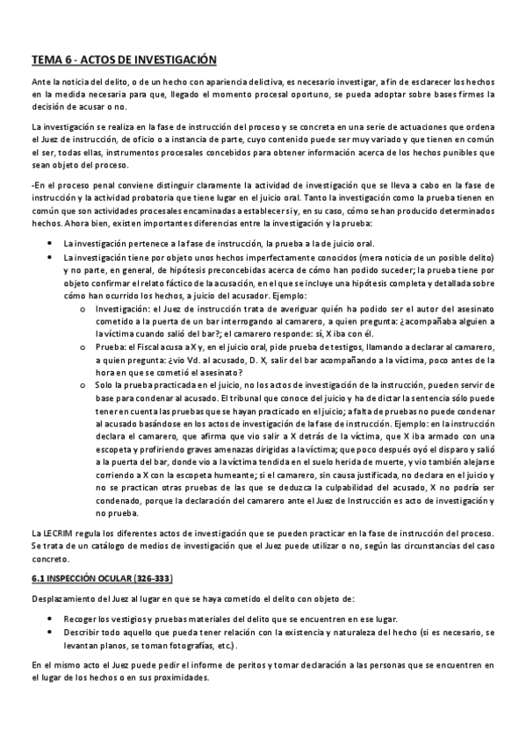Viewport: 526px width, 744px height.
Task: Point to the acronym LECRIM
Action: pyautogui.click(x=63, y=533)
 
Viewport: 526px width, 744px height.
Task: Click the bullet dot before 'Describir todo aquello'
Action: pyautogui.click(x=53, y=633)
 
